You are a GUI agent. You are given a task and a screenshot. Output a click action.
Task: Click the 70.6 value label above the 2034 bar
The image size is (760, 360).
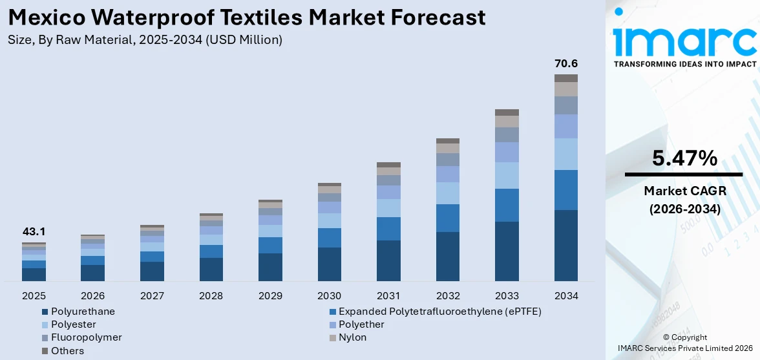[x=566, y=63]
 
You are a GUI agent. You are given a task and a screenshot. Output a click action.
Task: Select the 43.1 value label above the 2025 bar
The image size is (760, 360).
[x=34, y=231]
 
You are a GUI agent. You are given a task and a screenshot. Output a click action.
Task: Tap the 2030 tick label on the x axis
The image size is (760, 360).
[x=330, y=295]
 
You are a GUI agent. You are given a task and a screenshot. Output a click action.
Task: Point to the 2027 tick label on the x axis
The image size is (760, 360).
[x=152, y=295]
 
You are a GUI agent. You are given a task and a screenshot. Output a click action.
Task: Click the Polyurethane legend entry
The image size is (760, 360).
[x=83, y=312]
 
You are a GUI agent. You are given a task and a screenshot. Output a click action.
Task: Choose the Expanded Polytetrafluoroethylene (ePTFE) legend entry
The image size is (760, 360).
[x=439, y=312]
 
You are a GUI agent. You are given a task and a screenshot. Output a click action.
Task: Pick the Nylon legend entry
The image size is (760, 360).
[x=352, y=337]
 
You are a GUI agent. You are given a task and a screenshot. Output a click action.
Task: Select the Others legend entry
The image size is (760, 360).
[x=67, y=351]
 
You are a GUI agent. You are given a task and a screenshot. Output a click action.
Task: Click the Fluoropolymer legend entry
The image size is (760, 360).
[x=86, y=337]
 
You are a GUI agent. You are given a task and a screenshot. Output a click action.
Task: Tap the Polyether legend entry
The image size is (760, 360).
[x=361, y=324]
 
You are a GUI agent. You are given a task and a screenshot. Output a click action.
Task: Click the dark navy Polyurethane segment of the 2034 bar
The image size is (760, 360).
[x=566, y=246]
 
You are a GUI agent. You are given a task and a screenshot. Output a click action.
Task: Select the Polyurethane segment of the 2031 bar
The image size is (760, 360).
[x=388, y=260]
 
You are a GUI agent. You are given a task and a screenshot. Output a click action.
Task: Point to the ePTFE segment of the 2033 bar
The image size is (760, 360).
[x=507, y=205]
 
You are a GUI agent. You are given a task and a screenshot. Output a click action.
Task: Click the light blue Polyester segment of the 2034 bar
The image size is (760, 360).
[x=566, y=154]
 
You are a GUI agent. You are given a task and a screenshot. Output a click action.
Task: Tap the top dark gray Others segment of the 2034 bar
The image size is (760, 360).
[x=566, y=78]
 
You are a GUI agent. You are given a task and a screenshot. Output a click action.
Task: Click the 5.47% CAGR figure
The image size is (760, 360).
[x=684, y=158]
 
